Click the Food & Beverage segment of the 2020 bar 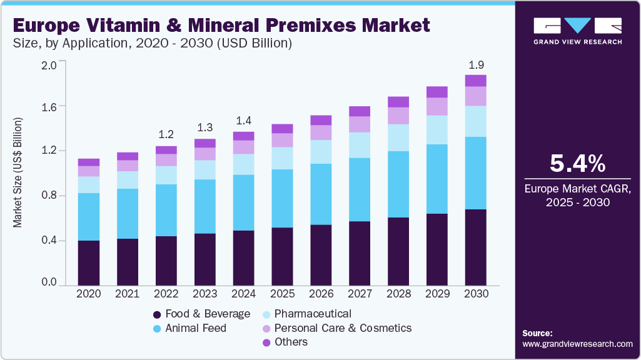point(89,262)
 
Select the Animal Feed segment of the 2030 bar point(475,173)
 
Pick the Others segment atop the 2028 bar point(398,102)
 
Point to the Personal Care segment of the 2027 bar point(360,124)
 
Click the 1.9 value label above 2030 point(475,65)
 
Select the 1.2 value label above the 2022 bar point(166,135)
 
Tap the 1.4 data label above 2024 point(243,121)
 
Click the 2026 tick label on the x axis point(321,293)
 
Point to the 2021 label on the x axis point(127,293)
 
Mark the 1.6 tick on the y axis point(49,107)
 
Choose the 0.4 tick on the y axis point(49,241)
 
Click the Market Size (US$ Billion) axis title point(18,172)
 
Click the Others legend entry point(291,342)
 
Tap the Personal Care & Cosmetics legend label point(343,328)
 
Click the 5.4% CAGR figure point(577,164)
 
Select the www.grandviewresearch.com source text point(577,344)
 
